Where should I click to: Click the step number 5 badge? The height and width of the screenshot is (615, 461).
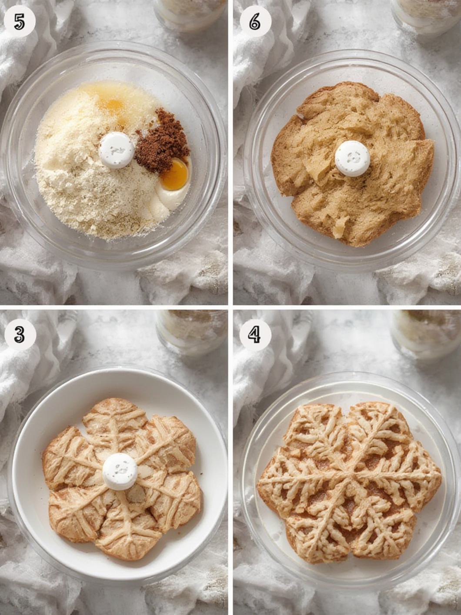click(20, 22)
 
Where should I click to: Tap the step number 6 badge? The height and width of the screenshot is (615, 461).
click(255, 22)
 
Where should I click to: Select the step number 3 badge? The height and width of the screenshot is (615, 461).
click(20, 335)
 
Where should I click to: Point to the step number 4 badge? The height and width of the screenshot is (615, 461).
click(255, 335)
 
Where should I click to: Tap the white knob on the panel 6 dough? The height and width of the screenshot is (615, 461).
click(352, 159)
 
